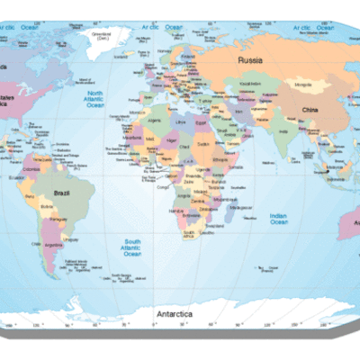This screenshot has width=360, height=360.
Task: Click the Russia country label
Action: [x=249, y=59]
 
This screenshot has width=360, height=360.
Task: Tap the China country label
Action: [x=310, y=110]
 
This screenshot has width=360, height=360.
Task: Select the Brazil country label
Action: [x=63, y=193]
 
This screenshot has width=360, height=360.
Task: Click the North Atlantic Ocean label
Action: [x=95, y=99]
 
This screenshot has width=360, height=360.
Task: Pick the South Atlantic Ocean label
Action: [x=132, y=247]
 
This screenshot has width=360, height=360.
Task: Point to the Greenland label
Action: [x=101, y=36]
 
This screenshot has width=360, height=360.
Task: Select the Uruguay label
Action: [x=71, y=238]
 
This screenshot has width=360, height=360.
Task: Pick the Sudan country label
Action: [x=202, y=143]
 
